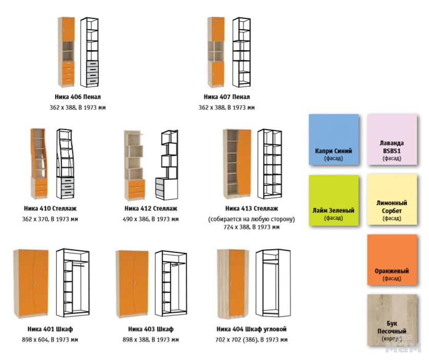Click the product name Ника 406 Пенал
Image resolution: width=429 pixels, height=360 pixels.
[78, 97]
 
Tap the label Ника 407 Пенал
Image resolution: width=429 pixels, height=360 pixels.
[227, 97]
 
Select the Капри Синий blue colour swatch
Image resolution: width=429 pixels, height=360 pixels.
[334, 140]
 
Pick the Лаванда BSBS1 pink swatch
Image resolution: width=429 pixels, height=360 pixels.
[392, 140]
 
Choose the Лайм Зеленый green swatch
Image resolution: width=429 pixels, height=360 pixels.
[334, 200]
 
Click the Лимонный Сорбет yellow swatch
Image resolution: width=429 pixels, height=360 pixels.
[392, 200]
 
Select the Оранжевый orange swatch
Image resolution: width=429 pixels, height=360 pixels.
[392, 260]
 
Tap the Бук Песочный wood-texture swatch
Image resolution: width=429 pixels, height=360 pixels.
[392, 320]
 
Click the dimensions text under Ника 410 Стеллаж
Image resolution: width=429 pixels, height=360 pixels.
[50, 219]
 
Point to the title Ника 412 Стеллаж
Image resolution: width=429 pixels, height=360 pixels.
[151, 208]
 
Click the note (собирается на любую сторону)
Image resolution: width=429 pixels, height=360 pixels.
[252, 219]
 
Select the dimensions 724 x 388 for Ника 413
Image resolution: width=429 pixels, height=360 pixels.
[252, 227]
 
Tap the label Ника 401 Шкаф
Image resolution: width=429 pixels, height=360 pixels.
[50, 329]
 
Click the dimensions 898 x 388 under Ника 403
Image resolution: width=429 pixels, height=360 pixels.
[151, 340]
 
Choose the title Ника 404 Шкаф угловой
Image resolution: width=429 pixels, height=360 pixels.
[252, 329]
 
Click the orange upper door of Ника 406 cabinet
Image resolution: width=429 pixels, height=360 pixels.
[68, 29]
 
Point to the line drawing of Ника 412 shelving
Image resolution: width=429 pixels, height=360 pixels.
[167, 165]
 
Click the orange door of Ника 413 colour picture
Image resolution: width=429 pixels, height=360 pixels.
[244, 162]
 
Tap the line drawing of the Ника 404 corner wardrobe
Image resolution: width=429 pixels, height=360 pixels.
[273, 283]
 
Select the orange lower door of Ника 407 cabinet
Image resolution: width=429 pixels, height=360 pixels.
[218, 73]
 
